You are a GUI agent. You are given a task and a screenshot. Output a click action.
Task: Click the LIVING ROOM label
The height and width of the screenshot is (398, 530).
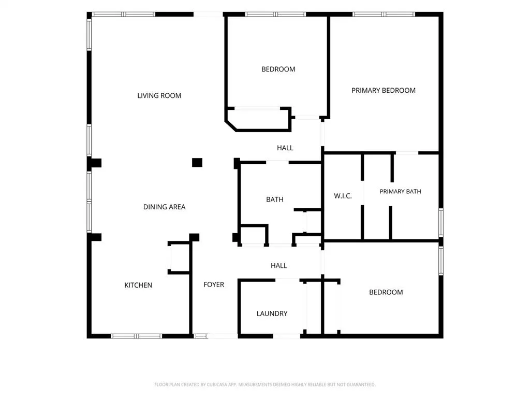tap(159, 96)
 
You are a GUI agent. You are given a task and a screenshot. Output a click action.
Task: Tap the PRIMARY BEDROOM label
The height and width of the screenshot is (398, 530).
tap(384, 90)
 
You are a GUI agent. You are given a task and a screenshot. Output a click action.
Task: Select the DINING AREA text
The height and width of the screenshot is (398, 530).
tap(164, 207)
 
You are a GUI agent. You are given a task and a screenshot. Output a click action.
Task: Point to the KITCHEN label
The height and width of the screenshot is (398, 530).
tap(138, 286)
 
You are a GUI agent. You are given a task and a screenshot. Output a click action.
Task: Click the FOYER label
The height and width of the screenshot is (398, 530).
tap(214, 285)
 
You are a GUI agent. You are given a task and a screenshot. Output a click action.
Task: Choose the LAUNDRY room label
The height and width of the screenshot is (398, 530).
tap(272, 314)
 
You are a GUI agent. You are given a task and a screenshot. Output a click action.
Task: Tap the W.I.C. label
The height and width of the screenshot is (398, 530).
tap(343, 196)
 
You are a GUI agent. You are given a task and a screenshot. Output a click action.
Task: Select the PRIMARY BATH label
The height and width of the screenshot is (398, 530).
tap(400, 192)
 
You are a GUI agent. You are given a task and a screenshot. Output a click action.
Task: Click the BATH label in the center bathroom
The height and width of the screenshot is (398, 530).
tap(274, 200)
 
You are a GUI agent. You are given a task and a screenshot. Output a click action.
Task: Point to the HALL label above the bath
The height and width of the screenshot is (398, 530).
tap(285, 148)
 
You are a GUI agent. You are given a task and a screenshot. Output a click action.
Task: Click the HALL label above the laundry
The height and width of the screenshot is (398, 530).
tap(279, 266)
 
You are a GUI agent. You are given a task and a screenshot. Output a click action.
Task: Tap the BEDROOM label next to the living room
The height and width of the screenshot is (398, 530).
tap(278, 69)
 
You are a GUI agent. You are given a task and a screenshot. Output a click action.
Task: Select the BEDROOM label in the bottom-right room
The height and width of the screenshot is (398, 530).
tap(386, 292)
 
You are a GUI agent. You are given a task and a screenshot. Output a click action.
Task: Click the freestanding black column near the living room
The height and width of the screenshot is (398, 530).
tap(197, 163)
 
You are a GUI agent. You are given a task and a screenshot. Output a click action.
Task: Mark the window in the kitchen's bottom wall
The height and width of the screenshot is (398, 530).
tap(136, 336)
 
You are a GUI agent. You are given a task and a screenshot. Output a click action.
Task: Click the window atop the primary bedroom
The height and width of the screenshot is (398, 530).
tap(384, 14)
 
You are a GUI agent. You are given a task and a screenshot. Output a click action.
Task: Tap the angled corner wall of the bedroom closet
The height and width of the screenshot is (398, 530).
tap(231, 125)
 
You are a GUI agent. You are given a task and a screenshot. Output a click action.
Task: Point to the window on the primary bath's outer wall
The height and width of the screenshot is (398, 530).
tap(441, 222)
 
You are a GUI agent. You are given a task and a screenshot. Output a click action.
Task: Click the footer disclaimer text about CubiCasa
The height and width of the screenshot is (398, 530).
tap(265, 385)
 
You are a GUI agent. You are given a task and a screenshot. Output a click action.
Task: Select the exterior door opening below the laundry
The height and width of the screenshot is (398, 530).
tap(286, 336)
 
